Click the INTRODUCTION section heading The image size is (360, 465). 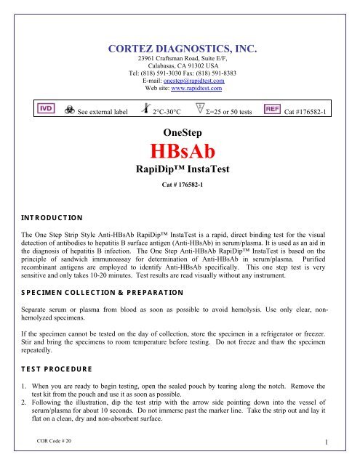pos(51,217)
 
